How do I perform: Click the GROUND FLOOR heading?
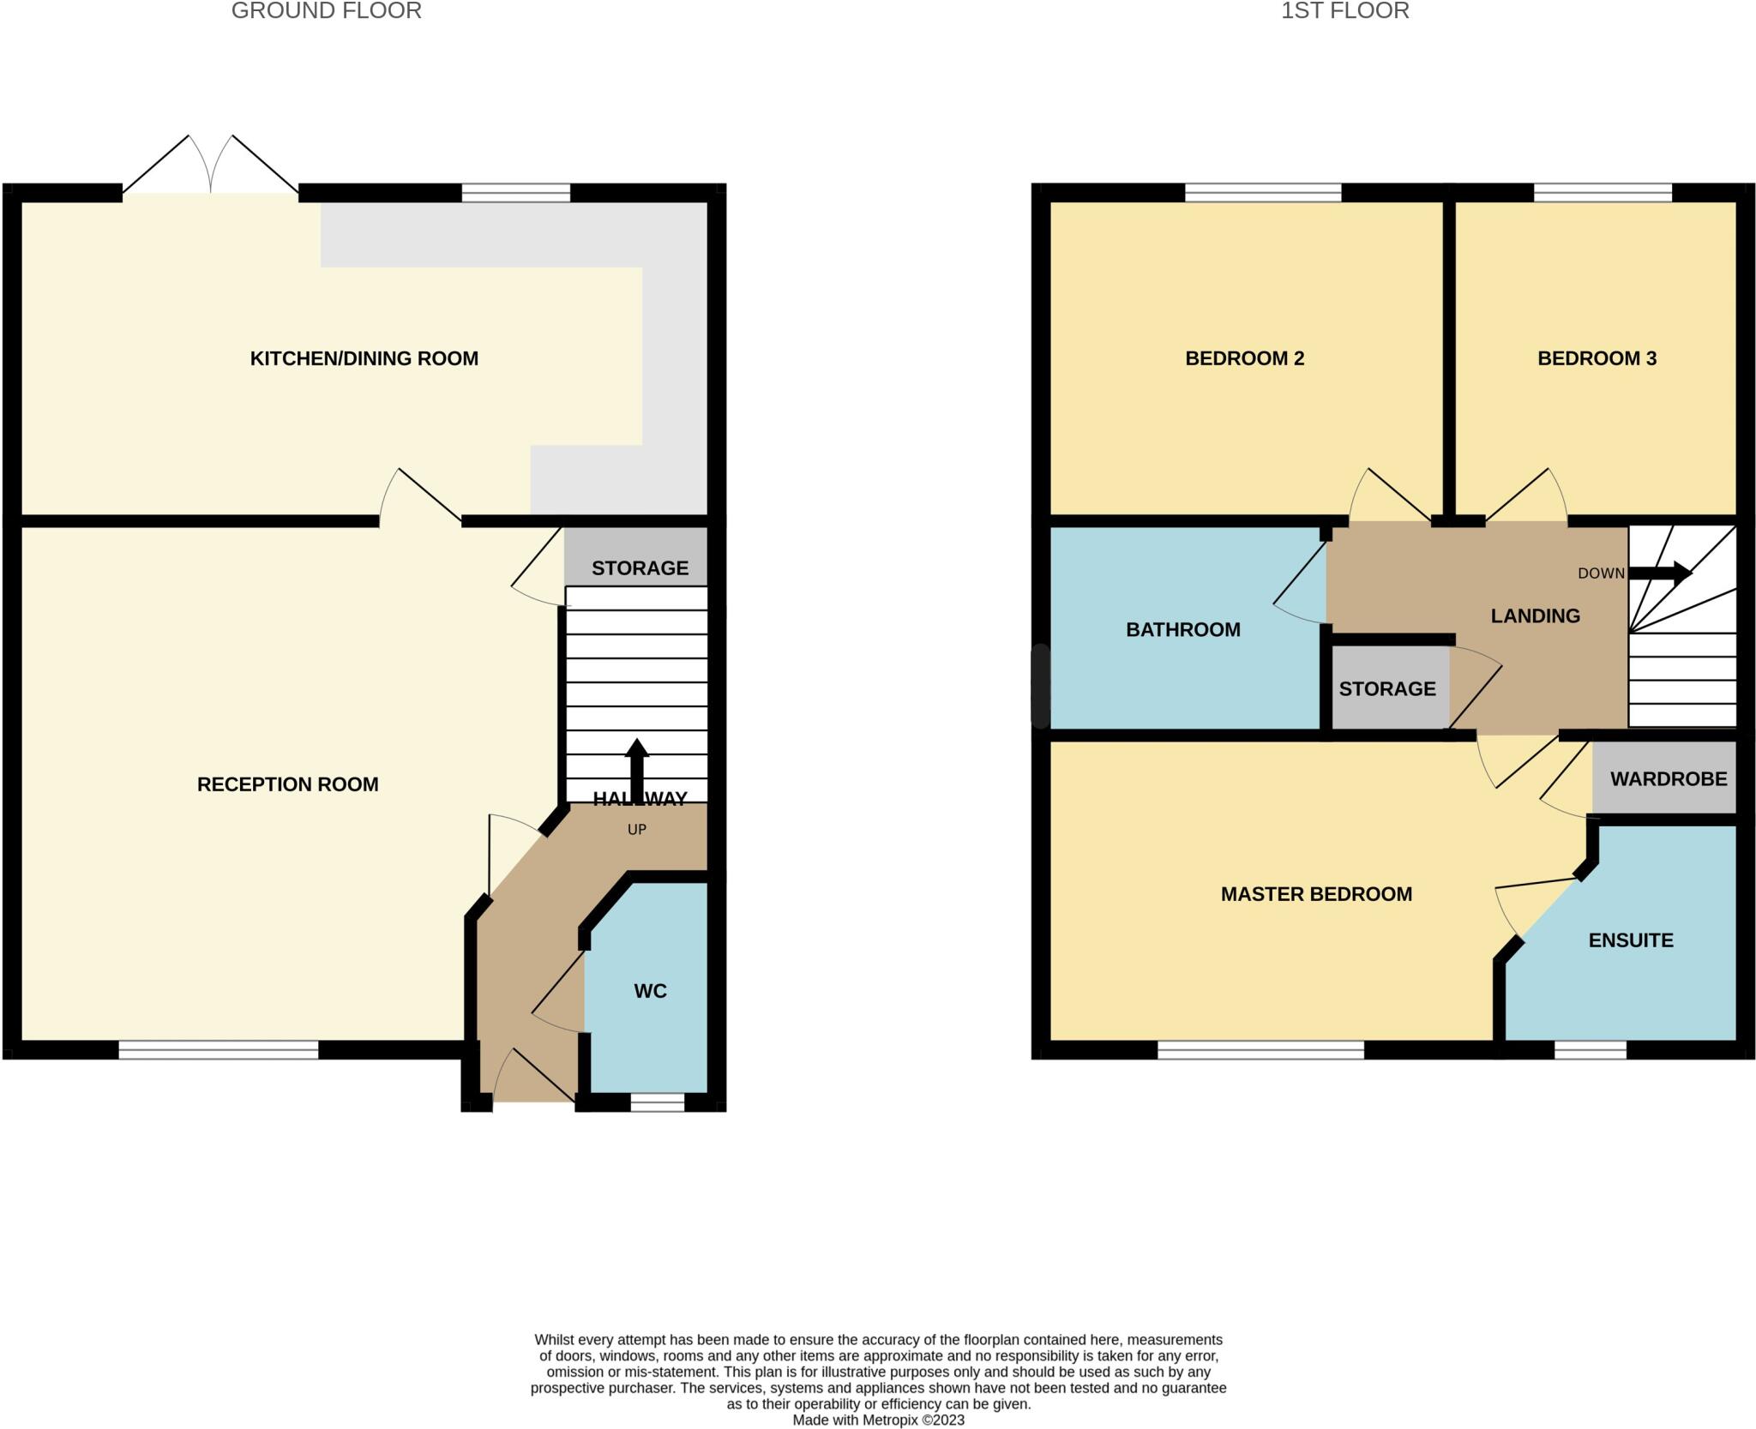point(326,11)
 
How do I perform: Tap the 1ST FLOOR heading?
point(1344,11)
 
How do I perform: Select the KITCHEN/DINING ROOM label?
point(364,358)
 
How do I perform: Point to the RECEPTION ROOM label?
point(287,784)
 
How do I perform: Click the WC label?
point(650,991)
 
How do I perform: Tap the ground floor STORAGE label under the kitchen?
point(640,567)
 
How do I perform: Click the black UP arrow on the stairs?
point(636,767)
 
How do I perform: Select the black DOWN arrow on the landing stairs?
point(1659,573)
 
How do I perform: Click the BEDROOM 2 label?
point(1244,358)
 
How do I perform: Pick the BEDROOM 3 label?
point(1597,358)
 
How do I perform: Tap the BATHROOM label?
point(1182,630)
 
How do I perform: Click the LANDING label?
point(1535,615)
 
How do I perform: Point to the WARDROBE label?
point(1669,778)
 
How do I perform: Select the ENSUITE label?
point(1630,940)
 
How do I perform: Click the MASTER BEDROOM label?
point(1316,894)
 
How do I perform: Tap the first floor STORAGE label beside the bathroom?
point(1386,688)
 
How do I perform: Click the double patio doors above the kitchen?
point(211,167)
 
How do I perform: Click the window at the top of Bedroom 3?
point(1602,193)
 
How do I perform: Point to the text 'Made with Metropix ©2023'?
point(878,1420)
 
